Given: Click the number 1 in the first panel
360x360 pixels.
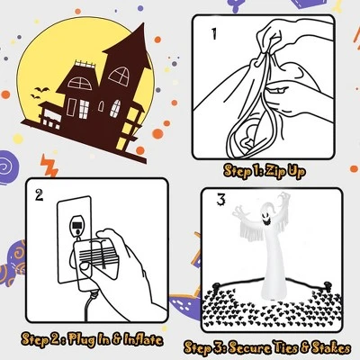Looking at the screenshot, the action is tap(214, 34).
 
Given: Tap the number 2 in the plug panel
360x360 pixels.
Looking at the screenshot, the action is tap(39, 195).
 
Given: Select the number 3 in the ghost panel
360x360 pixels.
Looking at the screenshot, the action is tap(220, 200).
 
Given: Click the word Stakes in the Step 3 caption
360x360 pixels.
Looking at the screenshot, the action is tap(331, 348).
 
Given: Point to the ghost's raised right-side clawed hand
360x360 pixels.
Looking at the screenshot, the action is tap(283, 201).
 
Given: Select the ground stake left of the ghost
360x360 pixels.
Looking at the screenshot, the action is tap(216, 287).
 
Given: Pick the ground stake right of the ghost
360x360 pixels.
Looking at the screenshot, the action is tap(327, 285).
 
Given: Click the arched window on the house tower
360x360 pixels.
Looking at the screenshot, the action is tap(119, 75).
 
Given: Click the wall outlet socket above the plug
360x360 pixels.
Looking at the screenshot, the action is tap(77, 225).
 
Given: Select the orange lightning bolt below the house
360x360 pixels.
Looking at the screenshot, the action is tap(49, 166).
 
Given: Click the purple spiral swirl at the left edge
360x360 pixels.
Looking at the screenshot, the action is tap(8, 166).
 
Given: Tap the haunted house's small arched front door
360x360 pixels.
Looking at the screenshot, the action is tap(102, 106).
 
